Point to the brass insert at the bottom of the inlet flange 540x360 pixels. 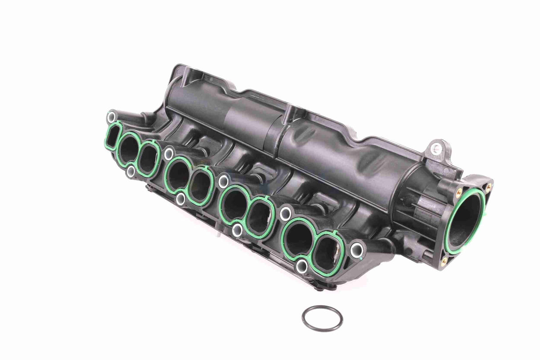pyautogui.click(x=444, y=260)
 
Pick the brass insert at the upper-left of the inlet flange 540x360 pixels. pyautogui.click(x=459, y=192)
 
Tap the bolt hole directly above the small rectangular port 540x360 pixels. pyautogui.click(x=112, y=117)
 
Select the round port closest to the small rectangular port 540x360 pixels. pyautogui.click(x=129, y=147)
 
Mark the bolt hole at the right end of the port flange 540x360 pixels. pyautogui.click(x=357, y=250)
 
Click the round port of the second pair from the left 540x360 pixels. pyautogui.click(x=179, y=174)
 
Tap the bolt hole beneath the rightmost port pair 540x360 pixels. pyautogui.click(x=302, y=266)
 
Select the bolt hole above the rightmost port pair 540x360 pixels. pyautogui.click(x=285, y=213)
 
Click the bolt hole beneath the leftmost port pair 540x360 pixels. pyautogui.click(x=131, y=172)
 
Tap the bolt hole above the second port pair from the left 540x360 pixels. pyautogui.click(x=169, y=154)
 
